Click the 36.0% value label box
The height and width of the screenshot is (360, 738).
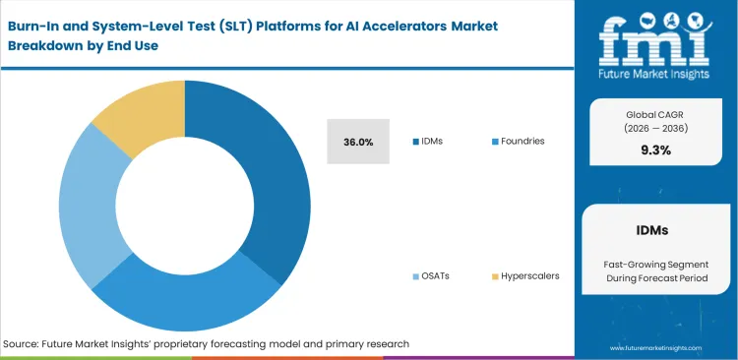358,142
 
